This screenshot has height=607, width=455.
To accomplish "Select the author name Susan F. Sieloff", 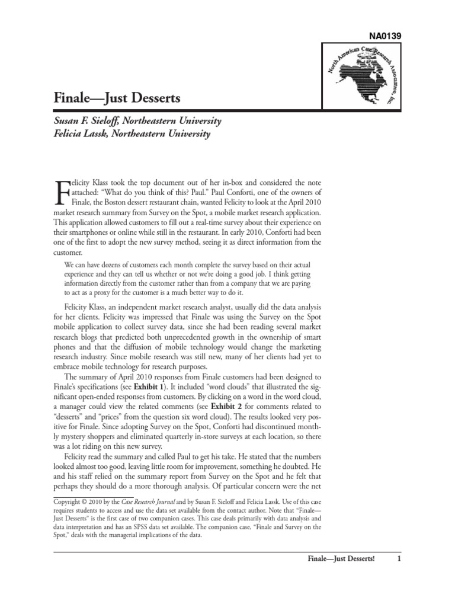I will [89, 122].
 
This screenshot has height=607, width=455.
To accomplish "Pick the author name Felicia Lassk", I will [84, 134].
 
